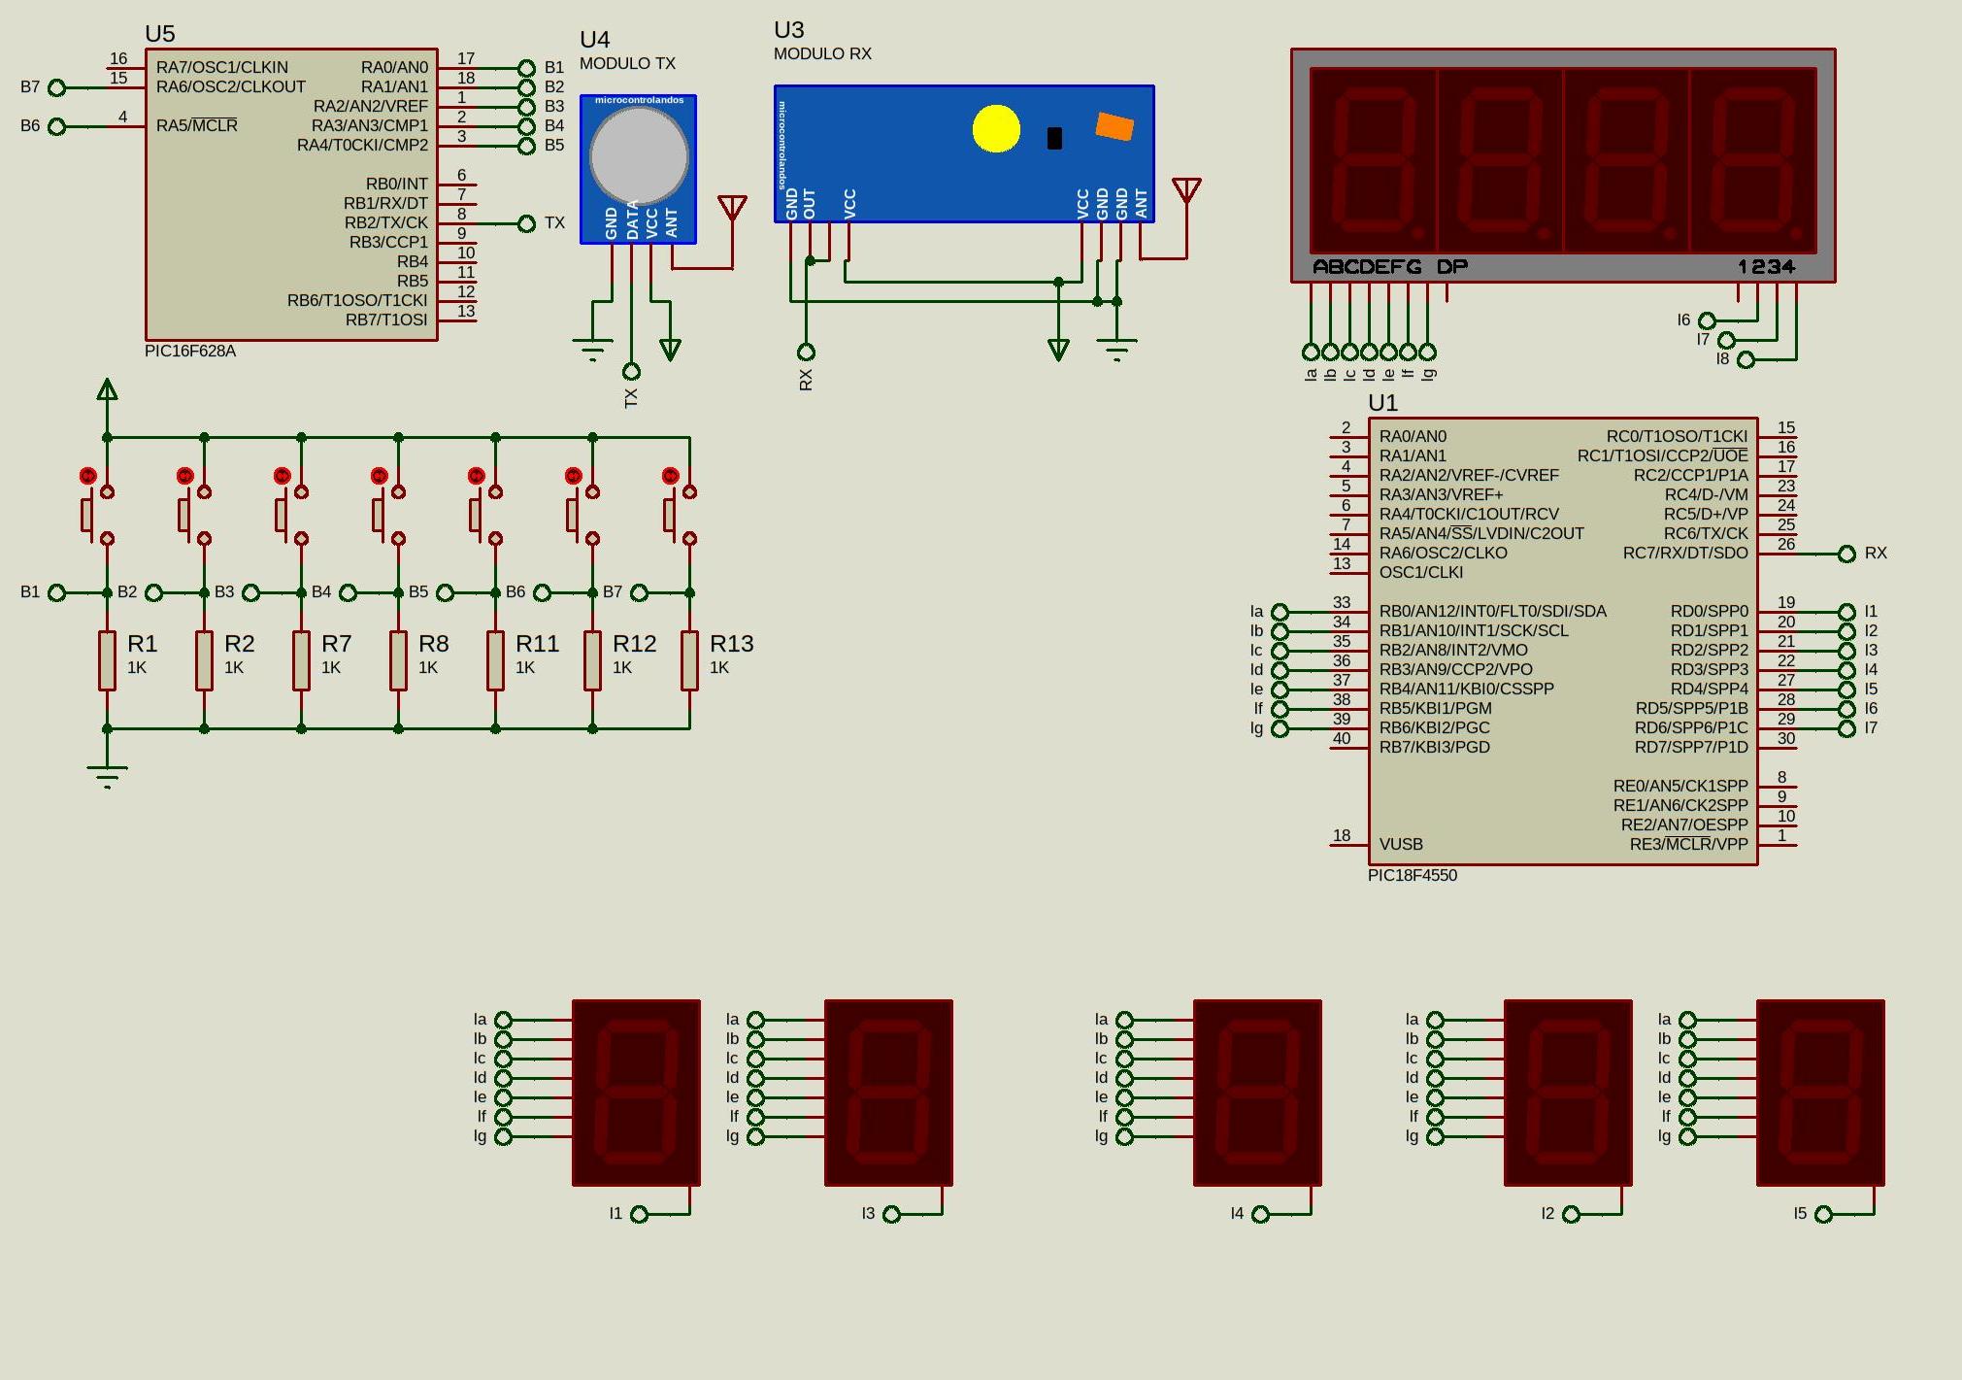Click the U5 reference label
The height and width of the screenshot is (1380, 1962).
tap(160, 34)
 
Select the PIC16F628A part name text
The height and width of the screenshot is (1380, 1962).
tap(190, 352)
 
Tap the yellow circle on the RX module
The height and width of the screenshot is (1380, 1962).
tap(996, 129)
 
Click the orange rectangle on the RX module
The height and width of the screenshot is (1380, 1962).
tap(1114, 126)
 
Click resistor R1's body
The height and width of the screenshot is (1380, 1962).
tap(107, 660)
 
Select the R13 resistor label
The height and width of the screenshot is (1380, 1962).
tap(731, 644)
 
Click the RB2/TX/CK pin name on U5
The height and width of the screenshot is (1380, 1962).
tap(385, 223)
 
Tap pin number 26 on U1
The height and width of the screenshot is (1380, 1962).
tap(1786, 544)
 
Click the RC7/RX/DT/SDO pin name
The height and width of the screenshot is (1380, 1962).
tap(1684, 554)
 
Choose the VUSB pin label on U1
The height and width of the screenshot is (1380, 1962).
tap(1401, 845)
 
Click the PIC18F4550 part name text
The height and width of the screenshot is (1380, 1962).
tap(1413, 876)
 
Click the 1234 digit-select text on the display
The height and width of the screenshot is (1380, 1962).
tap(1766, 267)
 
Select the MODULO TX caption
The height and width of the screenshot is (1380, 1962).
tap(627, 64)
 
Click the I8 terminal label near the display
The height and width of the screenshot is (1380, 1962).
tap(1722, 359)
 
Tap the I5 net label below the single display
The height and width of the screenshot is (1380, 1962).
tap(1800, 1214)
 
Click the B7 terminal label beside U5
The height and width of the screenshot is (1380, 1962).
tap(30, 87)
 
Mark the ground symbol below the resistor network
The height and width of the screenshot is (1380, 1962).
tap(107, 775)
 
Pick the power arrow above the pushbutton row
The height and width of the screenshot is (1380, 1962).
tap(107, 390)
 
